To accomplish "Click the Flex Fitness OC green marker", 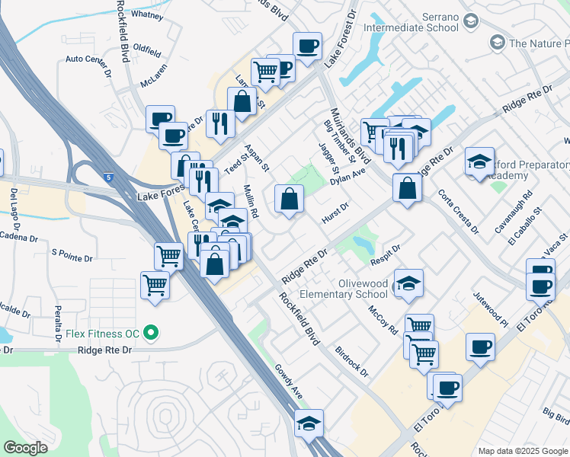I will (x=151, y=332).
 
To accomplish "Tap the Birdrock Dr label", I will (x=351, y=362).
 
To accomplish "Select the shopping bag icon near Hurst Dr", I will (x=290, y=200).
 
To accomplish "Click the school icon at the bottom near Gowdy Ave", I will (x=309, y=423).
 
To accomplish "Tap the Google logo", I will (x=27, y=447).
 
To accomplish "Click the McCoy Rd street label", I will (x=383, y=320).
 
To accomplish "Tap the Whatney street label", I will (x=147, y=14).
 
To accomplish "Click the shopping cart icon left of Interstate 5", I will (x=155, y=286).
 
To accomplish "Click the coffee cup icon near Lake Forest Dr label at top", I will (x=307, y=46).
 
